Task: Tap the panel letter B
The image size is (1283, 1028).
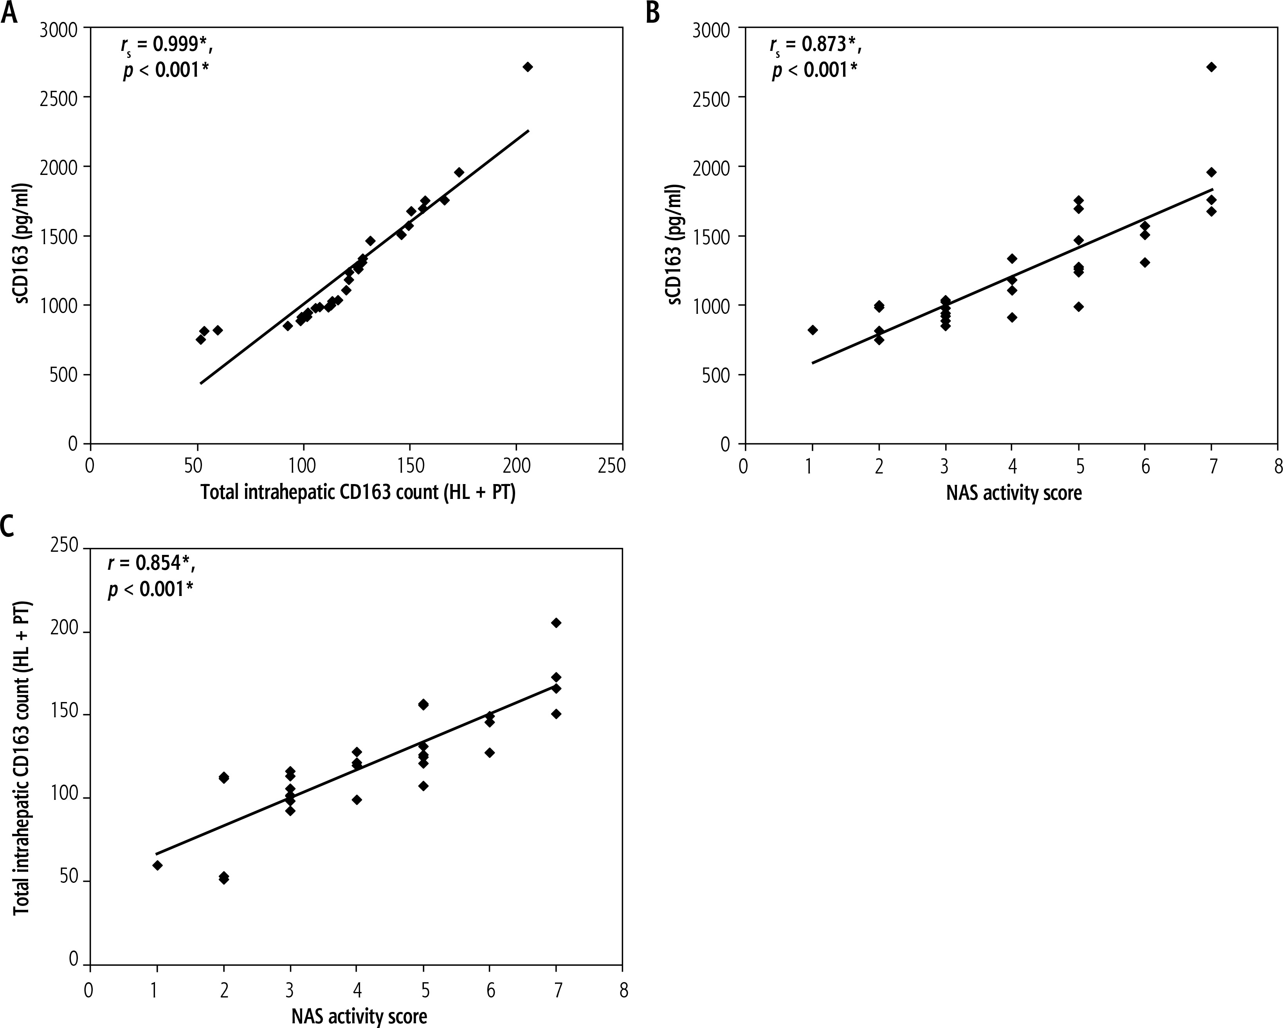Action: click(x=653, y=12)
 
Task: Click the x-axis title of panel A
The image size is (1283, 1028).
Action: click(x=358, y=493)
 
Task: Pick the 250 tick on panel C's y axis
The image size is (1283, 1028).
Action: click(x=65, y=546)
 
